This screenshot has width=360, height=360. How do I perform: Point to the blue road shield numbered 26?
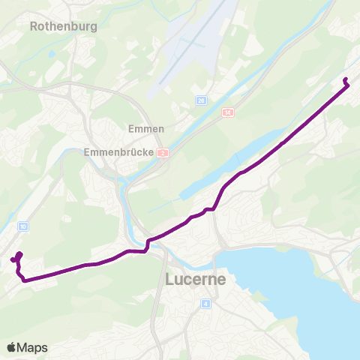(201, 100)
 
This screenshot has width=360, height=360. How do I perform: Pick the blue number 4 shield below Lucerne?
(205, 304)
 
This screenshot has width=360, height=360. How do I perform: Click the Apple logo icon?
(11, 347)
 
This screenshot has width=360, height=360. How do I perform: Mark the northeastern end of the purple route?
(344, 79)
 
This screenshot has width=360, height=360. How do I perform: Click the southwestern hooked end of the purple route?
(13, 260)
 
